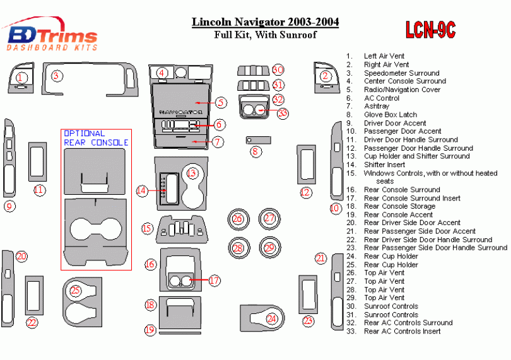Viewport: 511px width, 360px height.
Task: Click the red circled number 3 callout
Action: tap(57, 76)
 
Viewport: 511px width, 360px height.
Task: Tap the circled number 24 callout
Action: tap(272, 319)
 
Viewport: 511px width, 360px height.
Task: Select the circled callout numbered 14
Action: tap(142, 190)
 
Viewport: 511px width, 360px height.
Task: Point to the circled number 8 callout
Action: tap(255, 151)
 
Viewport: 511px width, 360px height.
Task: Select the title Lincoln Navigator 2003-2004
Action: tap(265, 23)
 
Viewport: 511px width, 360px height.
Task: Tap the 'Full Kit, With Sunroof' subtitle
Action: tap(265, 35)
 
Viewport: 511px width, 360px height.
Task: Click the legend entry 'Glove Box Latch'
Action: tap(391, 115)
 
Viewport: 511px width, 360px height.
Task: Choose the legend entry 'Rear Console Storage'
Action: tap(399, 206)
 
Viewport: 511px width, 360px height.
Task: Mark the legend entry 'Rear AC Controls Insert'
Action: tap(402, 331)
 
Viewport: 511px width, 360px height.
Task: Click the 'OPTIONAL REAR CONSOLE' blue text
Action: tap(96, 138)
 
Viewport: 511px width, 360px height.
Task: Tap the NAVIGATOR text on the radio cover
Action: tap(185, 111)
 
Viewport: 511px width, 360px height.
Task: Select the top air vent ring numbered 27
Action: tap(269, 219)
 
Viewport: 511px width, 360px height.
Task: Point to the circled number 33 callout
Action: tap(282, 113)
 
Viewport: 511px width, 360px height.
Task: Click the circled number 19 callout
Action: tap(150, 329)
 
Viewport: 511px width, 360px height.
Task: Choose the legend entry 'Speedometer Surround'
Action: tap(401, 73)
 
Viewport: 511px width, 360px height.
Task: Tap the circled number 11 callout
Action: tap(39, 190)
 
